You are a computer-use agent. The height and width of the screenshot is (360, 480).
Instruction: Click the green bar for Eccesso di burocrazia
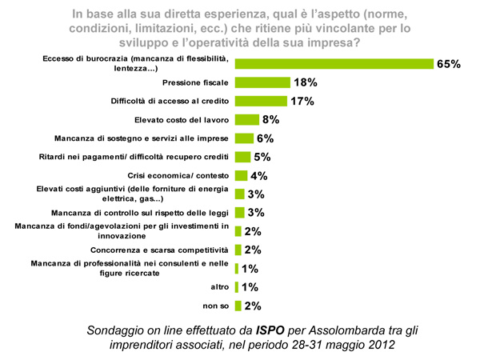tap(333, 63)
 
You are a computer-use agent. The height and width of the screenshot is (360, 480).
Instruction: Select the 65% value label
tap(448, 63)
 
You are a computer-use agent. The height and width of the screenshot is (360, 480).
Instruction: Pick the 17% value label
tap(302, 101)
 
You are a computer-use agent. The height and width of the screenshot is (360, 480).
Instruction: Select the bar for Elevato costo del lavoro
tap(247, 120)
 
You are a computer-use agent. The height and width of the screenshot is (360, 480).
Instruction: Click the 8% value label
tap(270, 120)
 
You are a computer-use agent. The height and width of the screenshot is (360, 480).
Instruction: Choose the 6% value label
tap(265, 138)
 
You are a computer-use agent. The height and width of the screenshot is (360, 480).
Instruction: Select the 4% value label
tap(258, 176)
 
